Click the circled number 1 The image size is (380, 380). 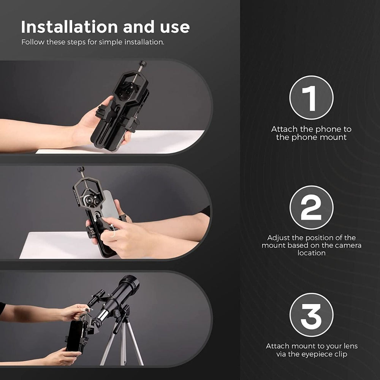[x=311, y=98]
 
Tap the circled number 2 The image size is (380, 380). [x=311, y=207]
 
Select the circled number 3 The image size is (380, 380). [x=311, y=315]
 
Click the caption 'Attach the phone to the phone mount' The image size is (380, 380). [x=311, y=133]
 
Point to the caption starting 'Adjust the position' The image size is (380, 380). [x=311, y=245]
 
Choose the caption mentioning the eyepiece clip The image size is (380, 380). [x=311, y=350]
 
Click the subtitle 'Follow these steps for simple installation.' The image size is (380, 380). [x=93, y=42]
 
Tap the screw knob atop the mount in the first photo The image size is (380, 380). [x=143, y=64]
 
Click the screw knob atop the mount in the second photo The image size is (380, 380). [x=81, y=170]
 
